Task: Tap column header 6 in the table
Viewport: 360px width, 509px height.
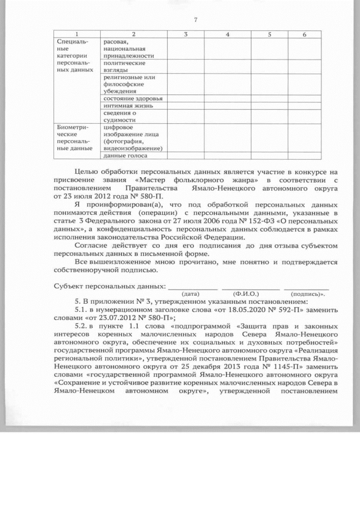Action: tap(304, 34)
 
